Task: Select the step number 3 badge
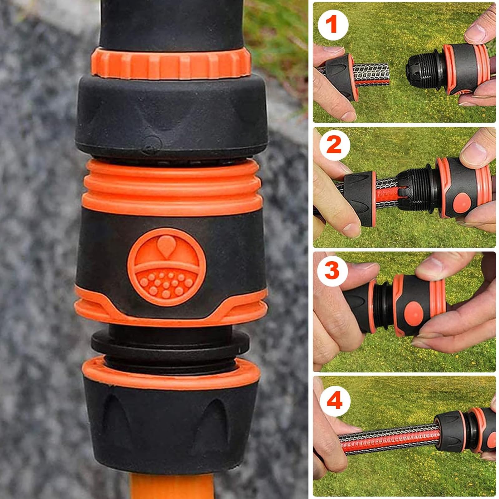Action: [x=332, y=270]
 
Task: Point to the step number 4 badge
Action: [x=335, y=401]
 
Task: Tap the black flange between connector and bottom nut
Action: [x=170, y=342]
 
